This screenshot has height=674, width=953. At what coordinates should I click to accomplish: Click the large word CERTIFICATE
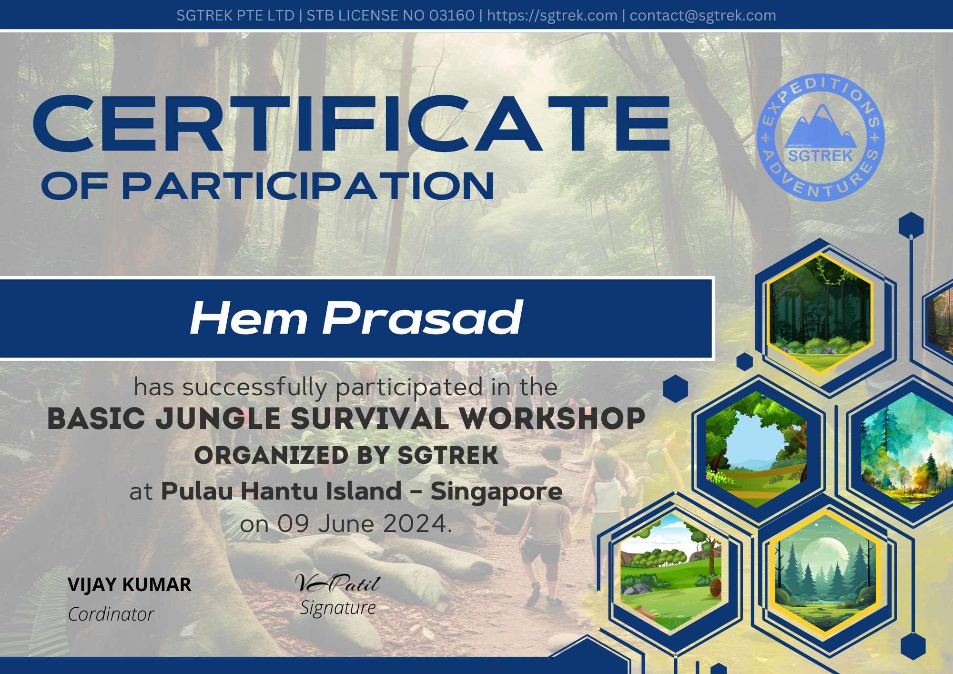(x=352, y=124)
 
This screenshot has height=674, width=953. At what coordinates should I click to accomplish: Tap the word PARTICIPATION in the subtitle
(x=308, y=186)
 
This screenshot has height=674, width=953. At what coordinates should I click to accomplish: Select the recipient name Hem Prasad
(x=356, y=318)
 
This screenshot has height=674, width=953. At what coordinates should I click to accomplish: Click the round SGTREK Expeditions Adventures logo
(x=821, y=137)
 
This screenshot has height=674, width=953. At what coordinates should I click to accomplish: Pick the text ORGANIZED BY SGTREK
(x=346, y=455)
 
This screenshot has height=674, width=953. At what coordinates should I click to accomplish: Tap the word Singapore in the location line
(x=497, y=492)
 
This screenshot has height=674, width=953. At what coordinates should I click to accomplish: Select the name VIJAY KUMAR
(x=130, y=584)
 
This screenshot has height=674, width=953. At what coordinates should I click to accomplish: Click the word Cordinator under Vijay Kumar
(x=111, y=614)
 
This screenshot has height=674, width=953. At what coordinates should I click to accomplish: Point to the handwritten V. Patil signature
(x=337, y=582)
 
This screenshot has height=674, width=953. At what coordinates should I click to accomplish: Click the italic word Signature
(x=338, y=608)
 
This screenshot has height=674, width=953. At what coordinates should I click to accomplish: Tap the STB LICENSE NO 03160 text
(x=390, y=15)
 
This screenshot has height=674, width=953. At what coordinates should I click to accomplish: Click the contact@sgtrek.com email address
(x=703, y=15)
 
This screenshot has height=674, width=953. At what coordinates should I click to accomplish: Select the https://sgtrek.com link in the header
(x=552, y=15)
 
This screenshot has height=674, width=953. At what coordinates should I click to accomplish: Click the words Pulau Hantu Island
(x=281, y=491)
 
